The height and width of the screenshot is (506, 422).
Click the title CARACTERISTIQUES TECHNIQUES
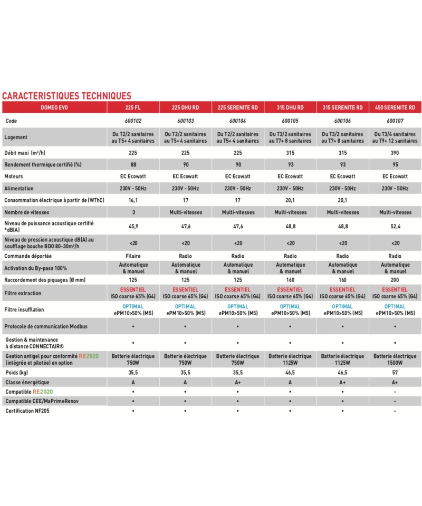[x=66, y=96]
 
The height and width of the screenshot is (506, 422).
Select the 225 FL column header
[x=133, y=108]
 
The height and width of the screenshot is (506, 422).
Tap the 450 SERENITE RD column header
[x=395, y=108]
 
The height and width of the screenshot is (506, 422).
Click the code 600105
[x=290, y=121]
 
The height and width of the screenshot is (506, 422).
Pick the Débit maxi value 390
[x=395, y=153]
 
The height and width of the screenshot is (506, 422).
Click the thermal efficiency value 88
[x=133, y=164]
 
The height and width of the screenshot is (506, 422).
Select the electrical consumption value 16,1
[x=133, y=200]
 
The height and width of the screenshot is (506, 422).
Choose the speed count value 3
[x=133, y=212]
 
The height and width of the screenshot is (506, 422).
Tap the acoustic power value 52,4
[x=395, y=227]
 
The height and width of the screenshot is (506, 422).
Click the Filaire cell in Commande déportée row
[x=133, y=256]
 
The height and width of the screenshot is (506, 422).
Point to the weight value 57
[x=395, y=372]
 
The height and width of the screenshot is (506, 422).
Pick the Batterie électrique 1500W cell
[x=395, y=359]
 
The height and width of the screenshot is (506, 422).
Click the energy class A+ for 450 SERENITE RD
[x=395, y=382]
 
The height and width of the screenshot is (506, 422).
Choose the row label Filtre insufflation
[x=24, y=310]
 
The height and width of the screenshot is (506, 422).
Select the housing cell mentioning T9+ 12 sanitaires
[x=395, y=138]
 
